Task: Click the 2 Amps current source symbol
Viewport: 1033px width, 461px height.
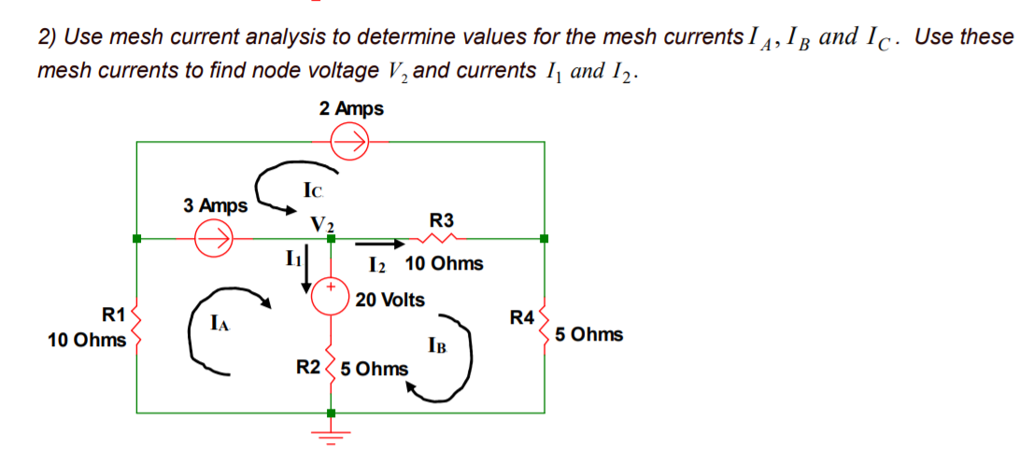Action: point(352,142)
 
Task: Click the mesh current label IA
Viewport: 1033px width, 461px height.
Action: point(219,325)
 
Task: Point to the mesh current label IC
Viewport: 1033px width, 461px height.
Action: point(314,191)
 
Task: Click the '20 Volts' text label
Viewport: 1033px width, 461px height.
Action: point(389,300)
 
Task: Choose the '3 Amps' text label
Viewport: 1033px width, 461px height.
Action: point(216,204)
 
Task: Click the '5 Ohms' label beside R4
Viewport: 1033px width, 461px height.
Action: point(588,334)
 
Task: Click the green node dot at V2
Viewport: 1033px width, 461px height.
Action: point(330,239)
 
